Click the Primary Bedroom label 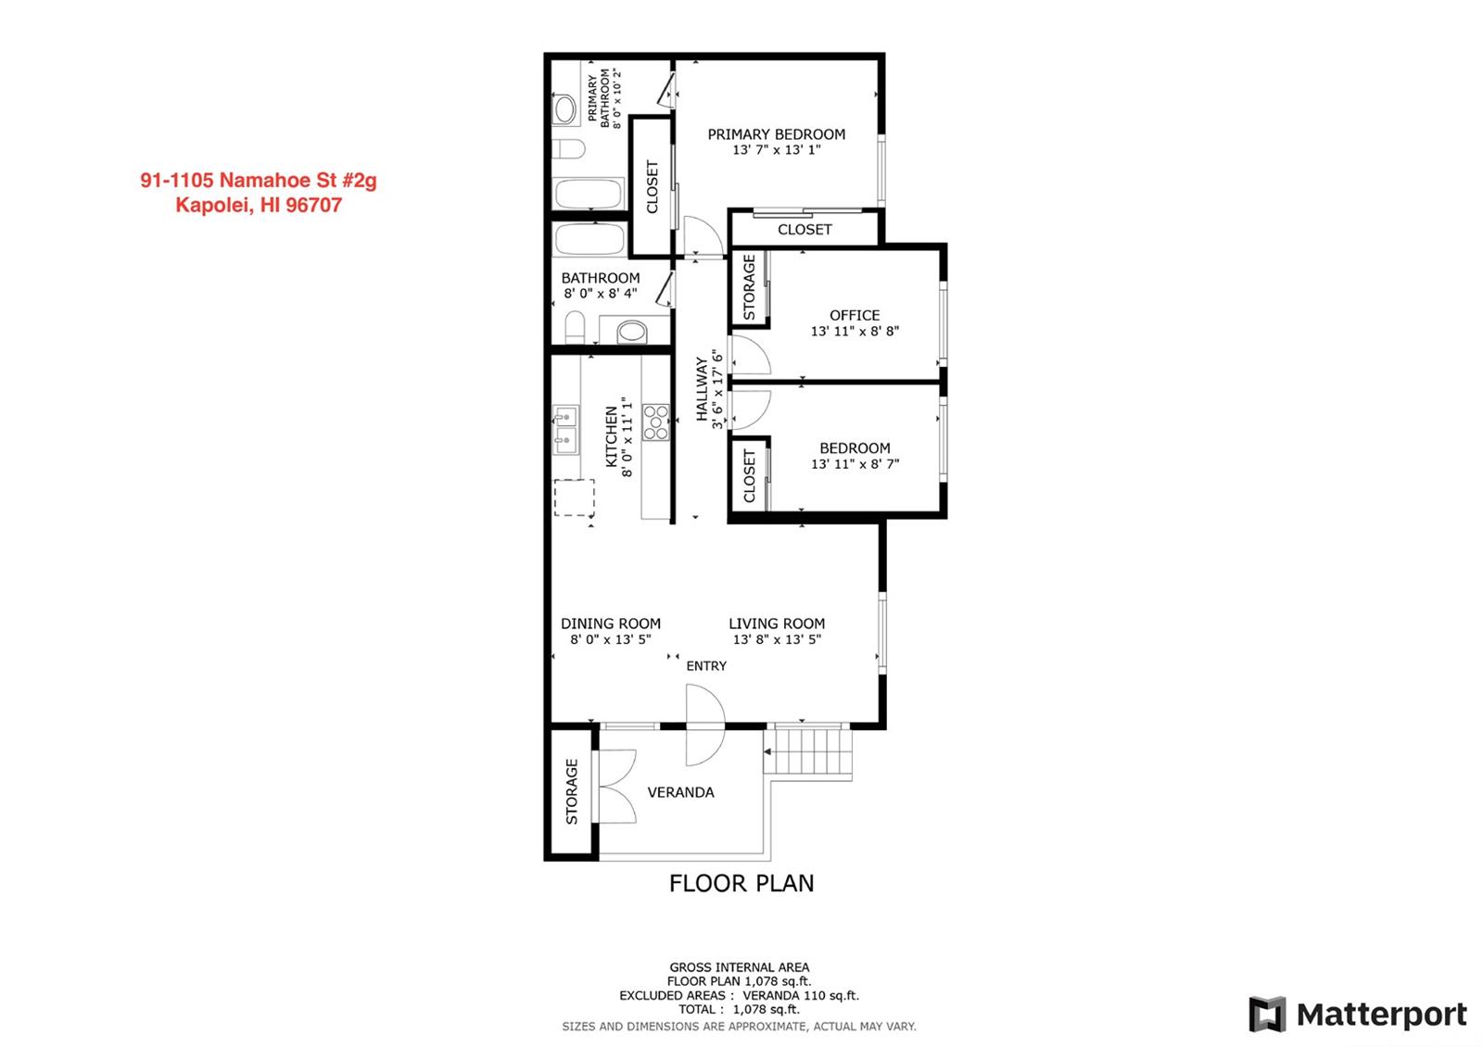pyautogui.click(x=776, y=134)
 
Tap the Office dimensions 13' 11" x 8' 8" pyautogui.click(x=855, y=331)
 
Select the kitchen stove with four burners pyautogui.click(x=656, y=423)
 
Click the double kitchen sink pyautogui.click(x=566, y=430)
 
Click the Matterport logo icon pyautogui.click(x=1267, y=1015)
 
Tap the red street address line pyautogui.click(x=259, y=180)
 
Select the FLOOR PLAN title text pyautogui.click(x=741, y=884)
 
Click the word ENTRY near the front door pyautogui.click(x=706, y=666)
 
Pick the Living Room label pyautogui.click(x=777, y=624)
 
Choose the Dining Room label pyautogui.click(x=611, y=624)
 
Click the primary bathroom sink pyautogui.click(x=564, y=109)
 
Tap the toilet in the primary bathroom pyautogui.click(x=568, y=149)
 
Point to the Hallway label pyautogui.click(x=702, y=389)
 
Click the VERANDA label pyautogui.click(x=680, y=792)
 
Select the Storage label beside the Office pyautogui.click(x=749, y=287)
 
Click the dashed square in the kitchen pyautogui.click(x=574, y=497)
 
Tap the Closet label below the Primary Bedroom pyautogui.click(x=805, y=230)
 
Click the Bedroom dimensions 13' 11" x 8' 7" pyautogui.click(x=855, y=464)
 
